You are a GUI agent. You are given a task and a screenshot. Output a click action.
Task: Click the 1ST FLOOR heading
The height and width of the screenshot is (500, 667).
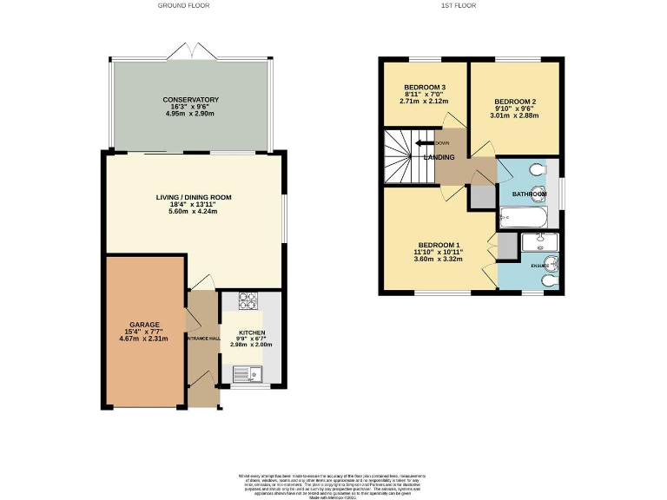[460, 5]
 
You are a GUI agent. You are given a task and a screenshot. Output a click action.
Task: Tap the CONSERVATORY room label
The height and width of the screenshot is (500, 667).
[190, 100]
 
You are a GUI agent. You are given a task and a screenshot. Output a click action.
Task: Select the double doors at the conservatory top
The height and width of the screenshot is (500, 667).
[190, 54]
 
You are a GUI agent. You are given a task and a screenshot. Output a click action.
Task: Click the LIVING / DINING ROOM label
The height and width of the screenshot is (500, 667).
[194, 197]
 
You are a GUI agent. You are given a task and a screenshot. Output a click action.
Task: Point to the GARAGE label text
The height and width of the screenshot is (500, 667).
[145, 324]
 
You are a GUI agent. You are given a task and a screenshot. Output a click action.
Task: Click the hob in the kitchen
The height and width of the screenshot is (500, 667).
[248, 303]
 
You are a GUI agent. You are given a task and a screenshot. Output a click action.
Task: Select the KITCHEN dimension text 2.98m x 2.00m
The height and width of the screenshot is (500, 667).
[251, 345]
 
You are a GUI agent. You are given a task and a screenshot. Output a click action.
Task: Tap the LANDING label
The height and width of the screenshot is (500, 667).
[439, 157]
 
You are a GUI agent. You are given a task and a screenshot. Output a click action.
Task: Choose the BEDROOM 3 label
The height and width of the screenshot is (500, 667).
[425, 88]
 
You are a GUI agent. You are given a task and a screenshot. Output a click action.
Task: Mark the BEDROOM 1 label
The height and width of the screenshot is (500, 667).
[439, 245]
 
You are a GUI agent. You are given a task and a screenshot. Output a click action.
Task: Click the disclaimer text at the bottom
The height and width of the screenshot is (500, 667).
[333, 484]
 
